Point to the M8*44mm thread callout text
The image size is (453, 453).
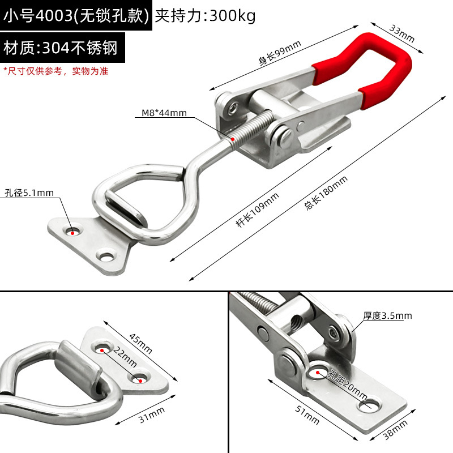[x=164, y=113]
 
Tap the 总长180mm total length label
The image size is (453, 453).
[x=326, y=193]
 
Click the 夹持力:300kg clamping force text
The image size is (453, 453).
[x=205, y=16]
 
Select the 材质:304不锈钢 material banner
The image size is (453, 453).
[x=60, y=48]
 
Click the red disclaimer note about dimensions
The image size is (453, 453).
[x=55, y=71]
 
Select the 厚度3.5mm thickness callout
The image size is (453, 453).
[x=388, y=315]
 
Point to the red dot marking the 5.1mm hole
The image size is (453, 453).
[x=72, y=231]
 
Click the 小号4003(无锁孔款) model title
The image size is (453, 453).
[x=76, y=16]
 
